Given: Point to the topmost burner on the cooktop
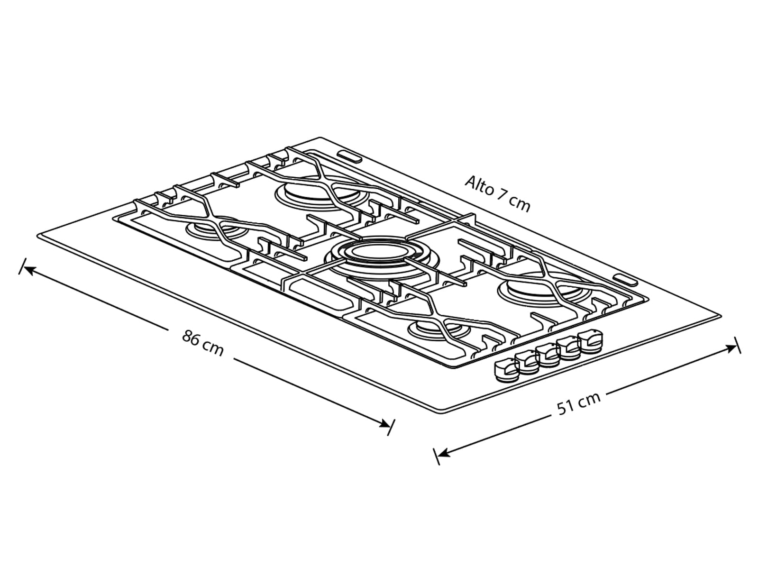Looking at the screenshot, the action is pyautogui.click(x=321, y=196).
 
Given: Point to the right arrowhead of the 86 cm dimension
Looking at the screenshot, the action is pyautogui.click(x=384, y=423).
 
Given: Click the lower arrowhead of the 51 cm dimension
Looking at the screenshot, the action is pyautogui.click(x=443, y=454).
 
